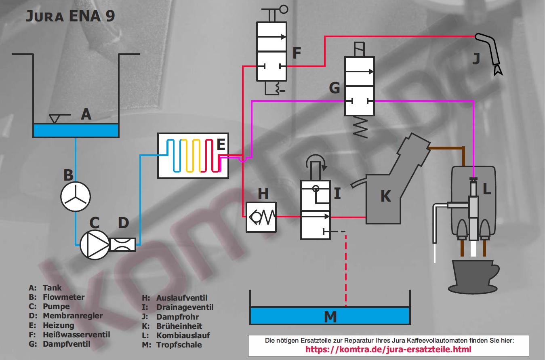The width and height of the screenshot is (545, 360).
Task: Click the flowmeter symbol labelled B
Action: pos(76,197)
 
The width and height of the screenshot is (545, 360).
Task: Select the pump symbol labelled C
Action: pos(95,244)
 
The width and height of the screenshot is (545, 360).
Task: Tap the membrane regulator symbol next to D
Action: pos(123,244)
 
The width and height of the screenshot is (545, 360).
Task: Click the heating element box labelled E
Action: pos(193,155)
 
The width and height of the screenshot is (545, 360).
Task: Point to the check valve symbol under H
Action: pos(261,217)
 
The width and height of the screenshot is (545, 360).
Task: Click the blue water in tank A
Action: pos(76,130)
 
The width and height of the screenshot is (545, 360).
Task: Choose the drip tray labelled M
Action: pos(330,316)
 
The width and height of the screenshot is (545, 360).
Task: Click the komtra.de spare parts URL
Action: pos(388,349)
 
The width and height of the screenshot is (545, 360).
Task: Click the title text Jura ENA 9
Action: pos(70,16)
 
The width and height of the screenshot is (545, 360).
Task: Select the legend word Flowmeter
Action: pos(64,297)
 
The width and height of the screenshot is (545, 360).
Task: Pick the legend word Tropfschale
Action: pos(179,345)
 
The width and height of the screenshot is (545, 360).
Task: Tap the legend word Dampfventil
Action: pos(67,344)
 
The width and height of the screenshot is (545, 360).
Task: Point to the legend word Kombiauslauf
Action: pos(183,335)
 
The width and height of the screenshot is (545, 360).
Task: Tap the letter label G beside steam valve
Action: pos(335,88)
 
